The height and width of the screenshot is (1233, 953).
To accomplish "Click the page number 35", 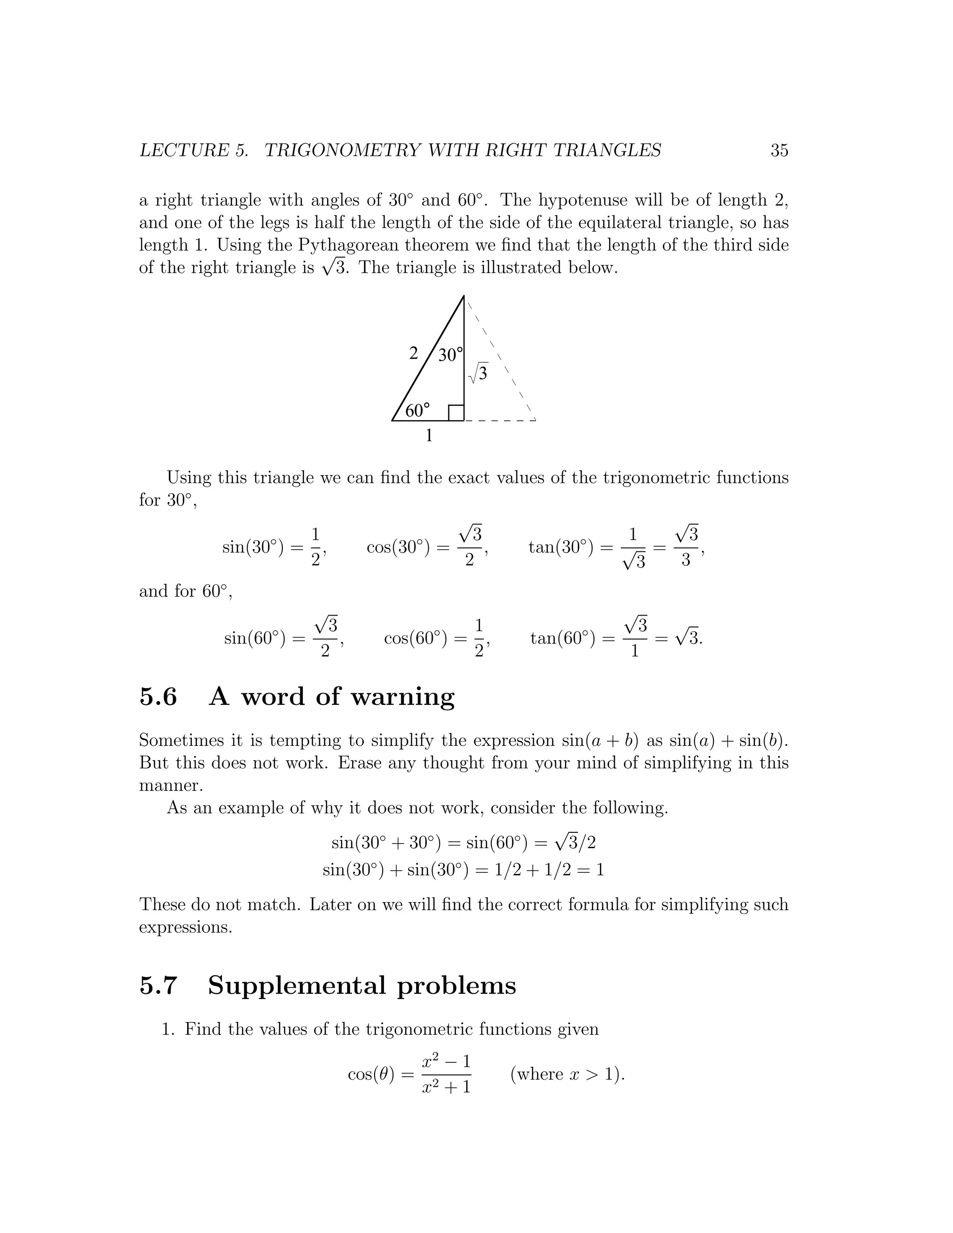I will (x=779, y=150).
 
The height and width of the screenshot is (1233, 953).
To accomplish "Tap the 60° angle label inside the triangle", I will (x=417, y=410).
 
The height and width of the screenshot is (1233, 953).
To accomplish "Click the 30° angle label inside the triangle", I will (x=450, y=355).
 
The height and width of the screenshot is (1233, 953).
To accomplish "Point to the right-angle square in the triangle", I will (x=456, y=413).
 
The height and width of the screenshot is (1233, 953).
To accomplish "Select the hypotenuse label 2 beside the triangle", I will (x=413, y=354).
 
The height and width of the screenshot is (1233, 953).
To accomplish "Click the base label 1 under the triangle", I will (x=429, y=436).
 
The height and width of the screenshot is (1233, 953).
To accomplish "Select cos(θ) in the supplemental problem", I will (x=371, y=1074).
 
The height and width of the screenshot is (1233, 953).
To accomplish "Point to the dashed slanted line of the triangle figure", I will (x=500, y=358).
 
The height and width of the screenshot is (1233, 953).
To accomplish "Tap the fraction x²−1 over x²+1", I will (x=446, y=1074).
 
